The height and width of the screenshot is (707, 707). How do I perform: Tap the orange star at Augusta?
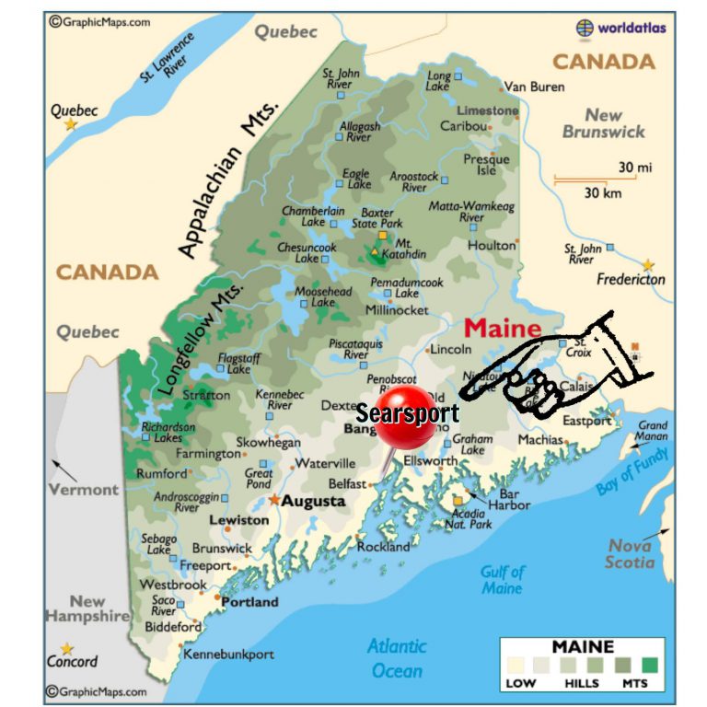274,500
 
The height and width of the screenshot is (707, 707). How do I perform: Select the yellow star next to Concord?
67,648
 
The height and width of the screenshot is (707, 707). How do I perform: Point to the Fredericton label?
631,280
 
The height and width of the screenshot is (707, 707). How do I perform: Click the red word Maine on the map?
502,328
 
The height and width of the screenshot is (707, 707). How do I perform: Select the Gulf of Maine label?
502,580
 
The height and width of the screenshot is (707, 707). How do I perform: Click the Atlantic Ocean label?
397,658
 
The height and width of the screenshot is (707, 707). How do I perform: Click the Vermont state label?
84,490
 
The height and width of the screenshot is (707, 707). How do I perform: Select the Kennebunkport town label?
229,655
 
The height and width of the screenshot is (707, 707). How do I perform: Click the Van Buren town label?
535,87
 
